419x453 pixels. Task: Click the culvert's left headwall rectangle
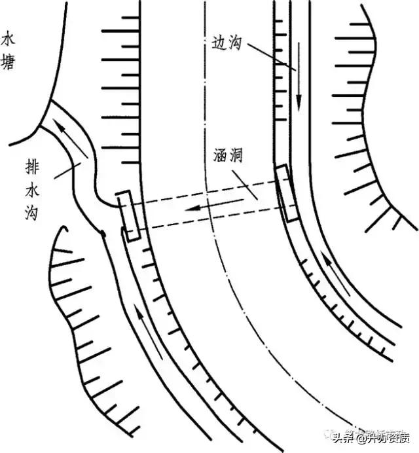[x=129, y=216]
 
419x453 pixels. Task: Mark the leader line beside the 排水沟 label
[x=65, y=172]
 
